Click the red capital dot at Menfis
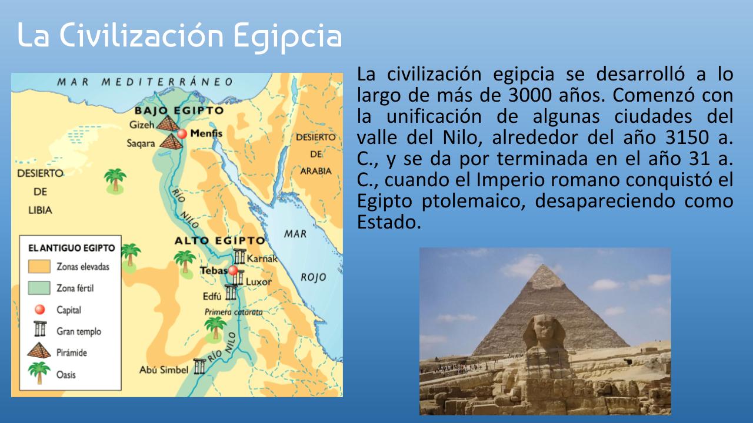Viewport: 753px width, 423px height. (182, 133)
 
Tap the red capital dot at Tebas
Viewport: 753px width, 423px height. (232, 270)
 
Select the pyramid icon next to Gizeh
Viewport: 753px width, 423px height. (168, 123)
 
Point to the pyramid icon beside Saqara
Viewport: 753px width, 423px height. (171, 142)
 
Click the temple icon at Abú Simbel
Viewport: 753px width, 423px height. (199, 367)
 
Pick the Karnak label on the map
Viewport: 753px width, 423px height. (262, 258)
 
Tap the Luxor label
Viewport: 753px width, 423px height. (258, 281)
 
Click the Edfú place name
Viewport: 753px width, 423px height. (212, 296)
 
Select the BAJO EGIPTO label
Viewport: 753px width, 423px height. (179, 110)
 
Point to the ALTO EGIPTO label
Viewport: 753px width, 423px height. (220, 241)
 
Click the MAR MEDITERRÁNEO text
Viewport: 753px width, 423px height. (145, 82)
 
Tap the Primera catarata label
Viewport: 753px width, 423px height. (234, 312)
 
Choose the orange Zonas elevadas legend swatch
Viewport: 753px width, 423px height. (39, 266)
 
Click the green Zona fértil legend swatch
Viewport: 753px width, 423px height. (39, 288)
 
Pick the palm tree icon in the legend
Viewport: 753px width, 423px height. (39, 372)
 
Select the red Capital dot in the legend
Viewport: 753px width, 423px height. (39, 310)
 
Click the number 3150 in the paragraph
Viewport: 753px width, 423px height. (687, 137)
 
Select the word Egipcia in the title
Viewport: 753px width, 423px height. (288, 36)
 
